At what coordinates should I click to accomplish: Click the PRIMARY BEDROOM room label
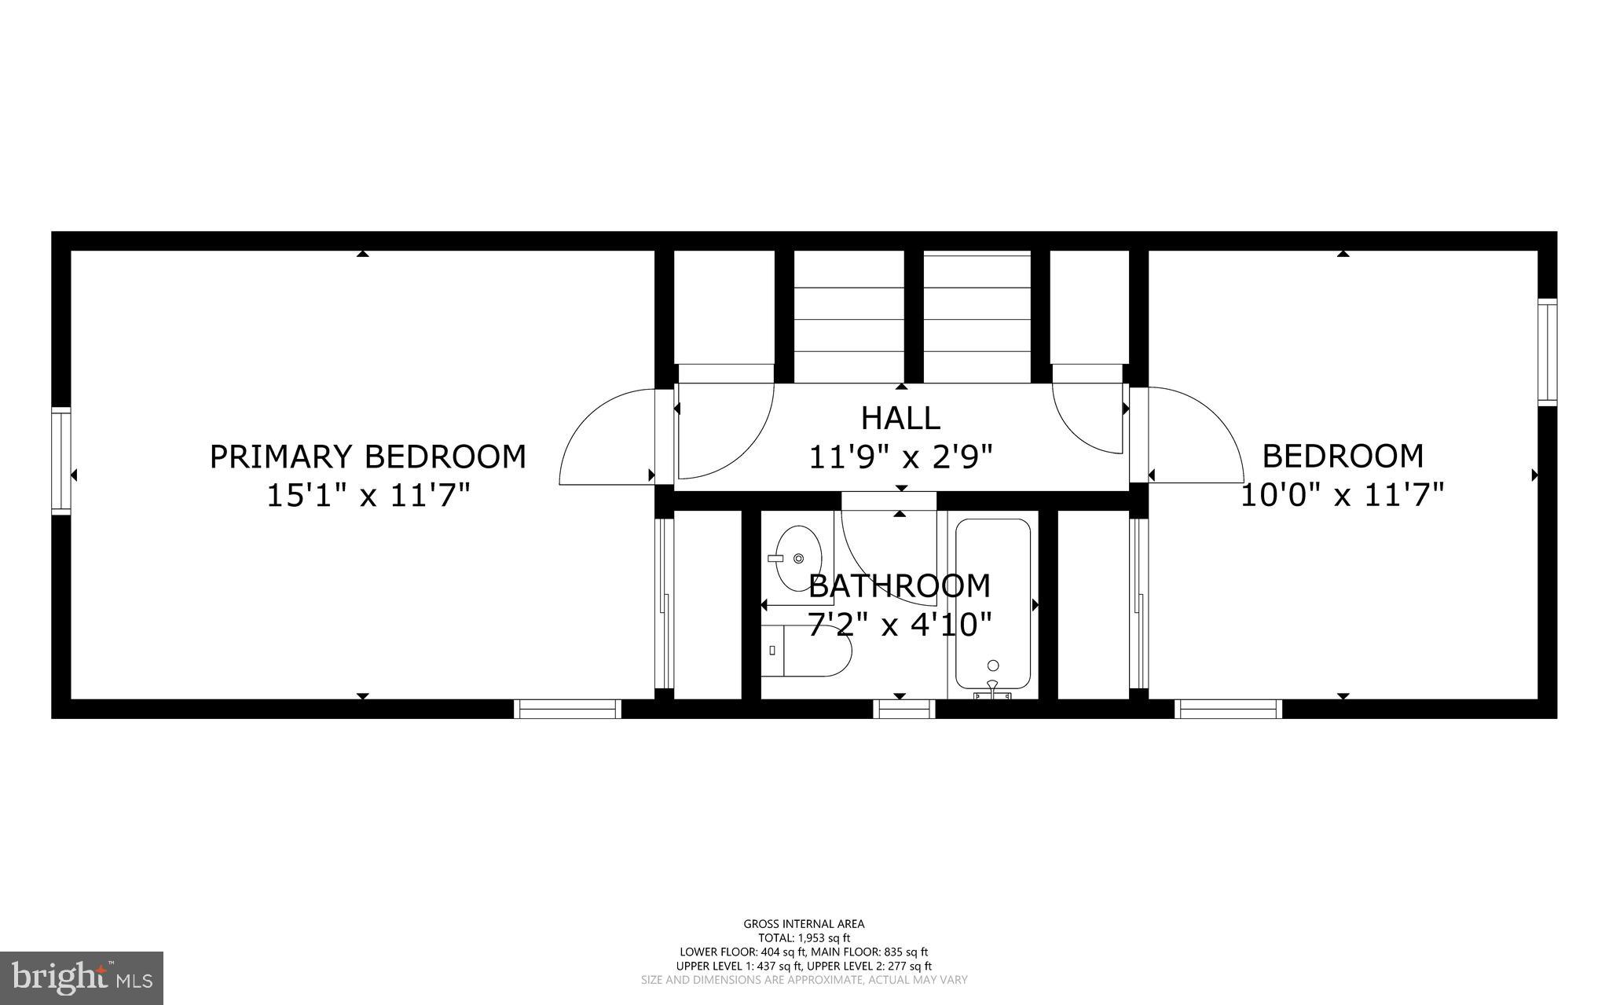(368, 457)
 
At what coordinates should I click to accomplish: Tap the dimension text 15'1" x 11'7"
(368, 496)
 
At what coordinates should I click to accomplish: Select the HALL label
(900, 418)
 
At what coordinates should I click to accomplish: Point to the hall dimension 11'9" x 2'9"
(900, 457)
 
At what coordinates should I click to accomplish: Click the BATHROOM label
(900, 586)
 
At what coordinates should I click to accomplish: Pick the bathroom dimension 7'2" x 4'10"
(900, 625)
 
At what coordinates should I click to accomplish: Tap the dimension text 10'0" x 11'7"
(1342, 496)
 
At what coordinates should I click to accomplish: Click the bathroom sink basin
(797, 558)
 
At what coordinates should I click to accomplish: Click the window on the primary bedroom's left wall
(61, 460)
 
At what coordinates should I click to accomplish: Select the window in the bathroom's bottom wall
(904, 709)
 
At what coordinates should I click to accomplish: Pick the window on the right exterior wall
(1547, 352)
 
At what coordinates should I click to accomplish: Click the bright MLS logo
(82, 977)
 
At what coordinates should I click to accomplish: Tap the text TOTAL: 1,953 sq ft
(804, 937)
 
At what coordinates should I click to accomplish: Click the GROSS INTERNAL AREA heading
(804, 924)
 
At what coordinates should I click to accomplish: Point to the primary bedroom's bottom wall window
(567, 709)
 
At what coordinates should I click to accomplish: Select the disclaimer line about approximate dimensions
(804, 980)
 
